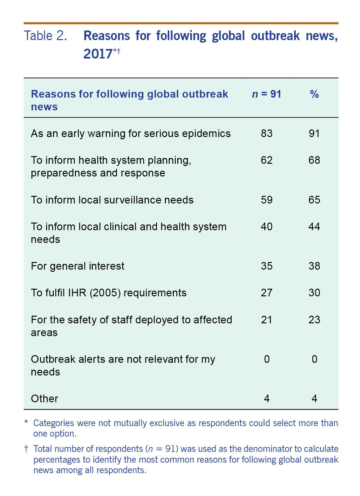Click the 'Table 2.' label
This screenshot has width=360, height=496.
[45, 36]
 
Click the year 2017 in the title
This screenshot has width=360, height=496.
[98, 54]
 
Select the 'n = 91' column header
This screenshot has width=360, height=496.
[266, 94]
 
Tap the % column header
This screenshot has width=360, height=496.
[314, 94]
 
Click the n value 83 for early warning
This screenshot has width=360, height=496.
[267, 133]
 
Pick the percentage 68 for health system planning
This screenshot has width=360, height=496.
[314, 160]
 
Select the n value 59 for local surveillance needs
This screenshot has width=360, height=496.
[267, 200]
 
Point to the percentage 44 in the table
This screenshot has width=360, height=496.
[314, 226]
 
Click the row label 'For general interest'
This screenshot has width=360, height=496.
[78, 266]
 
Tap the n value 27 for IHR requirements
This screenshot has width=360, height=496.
[267, 293]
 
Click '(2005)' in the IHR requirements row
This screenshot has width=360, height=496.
[105, 293]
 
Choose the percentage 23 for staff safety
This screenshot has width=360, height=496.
[314, 320]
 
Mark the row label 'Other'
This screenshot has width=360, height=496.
[44, 398]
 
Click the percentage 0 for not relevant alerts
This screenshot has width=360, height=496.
[314, 359]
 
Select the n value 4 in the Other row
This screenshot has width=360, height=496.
[267, 398]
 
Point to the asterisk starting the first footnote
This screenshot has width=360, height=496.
[26, 423]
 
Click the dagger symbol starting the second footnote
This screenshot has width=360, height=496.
[26, 449]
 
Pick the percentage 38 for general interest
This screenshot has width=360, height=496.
[314, 266]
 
